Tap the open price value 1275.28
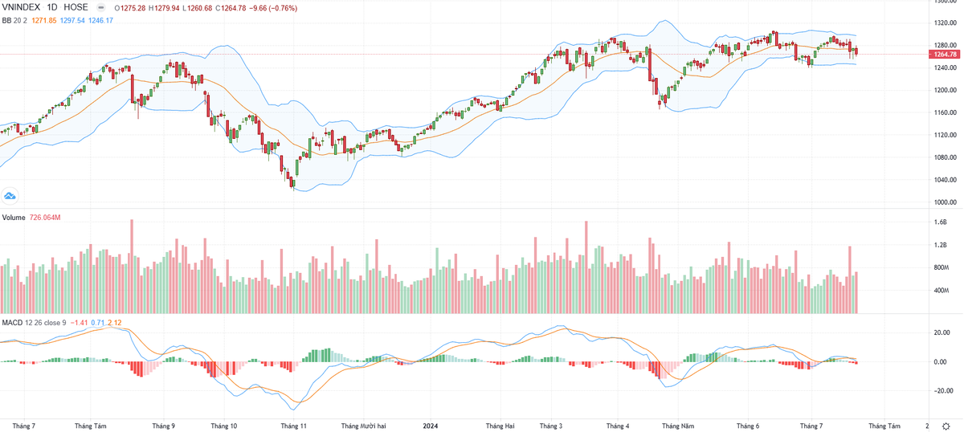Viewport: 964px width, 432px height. point(133,7)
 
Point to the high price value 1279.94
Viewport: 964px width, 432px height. point(170,7)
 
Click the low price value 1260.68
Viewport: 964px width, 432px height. point(205,7)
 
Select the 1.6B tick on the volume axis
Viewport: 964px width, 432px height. point(941,222)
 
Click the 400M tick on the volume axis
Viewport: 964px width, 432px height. point(942,290)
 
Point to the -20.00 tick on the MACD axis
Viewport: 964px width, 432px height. point(942,391)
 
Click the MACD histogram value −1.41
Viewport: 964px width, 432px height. point(78,323)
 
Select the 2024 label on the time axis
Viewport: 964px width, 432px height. point(431,425)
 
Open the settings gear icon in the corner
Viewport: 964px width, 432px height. point(946,425)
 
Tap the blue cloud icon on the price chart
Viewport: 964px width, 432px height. point(10,195)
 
